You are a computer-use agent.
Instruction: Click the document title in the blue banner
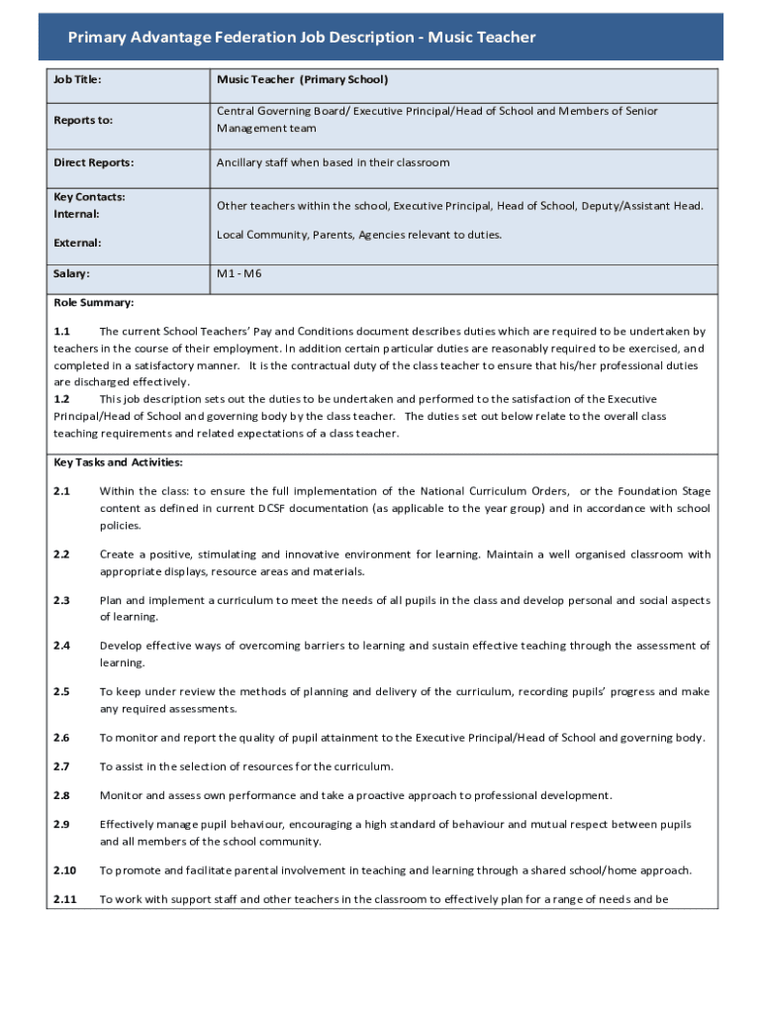coord(302,38)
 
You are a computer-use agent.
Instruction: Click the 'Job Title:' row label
coord(78,79)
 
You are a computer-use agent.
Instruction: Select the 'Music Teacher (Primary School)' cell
coord(303,79)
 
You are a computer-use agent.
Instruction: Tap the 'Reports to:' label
coord(83,120)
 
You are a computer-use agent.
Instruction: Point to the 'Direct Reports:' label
coord(93,162)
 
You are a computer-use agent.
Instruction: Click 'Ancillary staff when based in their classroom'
coord(333,162)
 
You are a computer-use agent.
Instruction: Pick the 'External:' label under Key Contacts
coord(77,243)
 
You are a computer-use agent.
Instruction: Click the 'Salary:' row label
coord(71,273)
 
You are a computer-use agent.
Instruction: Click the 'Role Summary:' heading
coord(94,303)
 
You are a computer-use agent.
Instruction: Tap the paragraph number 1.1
coord(61,332)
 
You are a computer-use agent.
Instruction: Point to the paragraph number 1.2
coord(61,399)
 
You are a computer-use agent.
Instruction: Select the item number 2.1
coord(61,491)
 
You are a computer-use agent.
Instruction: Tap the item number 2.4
coord(61,646)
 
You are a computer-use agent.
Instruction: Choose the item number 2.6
coord(61,738)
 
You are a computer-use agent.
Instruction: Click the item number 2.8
coord(61,795)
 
